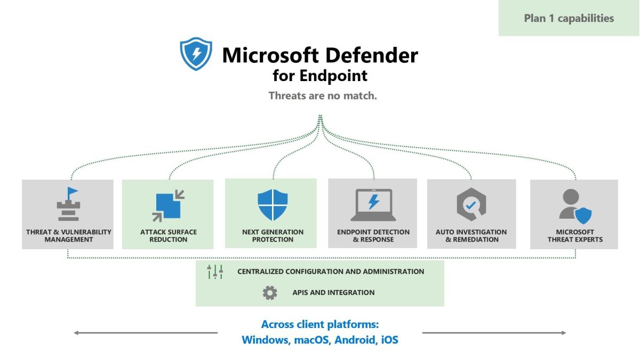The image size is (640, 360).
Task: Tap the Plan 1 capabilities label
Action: point(569,18)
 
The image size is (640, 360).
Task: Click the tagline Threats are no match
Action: point(323,96)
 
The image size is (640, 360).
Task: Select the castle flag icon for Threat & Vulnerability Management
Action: point(68,204)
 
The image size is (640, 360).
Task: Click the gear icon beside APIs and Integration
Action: point(270,292)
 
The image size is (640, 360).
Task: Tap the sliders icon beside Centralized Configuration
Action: point(215,271)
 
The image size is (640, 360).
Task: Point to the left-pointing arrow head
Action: point(77,333)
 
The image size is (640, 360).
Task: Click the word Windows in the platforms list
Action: point(265,340)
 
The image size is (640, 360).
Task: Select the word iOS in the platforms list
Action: point(389,340)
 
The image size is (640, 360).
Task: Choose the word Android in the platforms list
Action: point(355,340)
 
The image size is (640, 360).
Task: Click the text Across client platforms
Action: point(320,324)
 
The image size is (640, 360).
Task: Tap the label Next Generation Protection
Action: point(273,236)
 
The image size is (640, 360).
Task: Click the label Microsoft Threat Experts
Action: point(575,236)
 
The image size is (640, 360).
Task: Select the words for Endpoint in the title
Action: point(320,76)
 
